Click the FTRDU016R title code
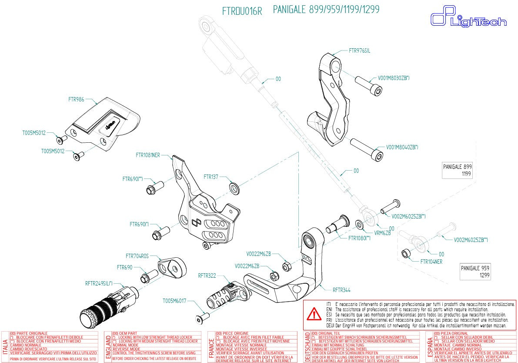coord(242,11)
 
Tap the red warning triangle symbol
coord(313,313)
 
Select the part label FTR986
coord(76,99)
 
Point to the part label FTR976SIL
coord(359,50)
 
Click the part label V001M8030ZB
coord(393,78)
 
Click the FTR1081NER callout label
coord(148,155)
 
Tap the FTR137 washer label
coord(211,177)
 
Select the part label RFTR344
coord(341,289)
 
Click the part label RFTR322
coord(207,275)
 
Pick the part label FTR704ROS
coord(137,256)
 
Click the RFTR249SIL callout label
coord(99,283)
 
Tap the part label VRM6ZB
coord(382,233)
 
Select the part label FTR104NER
coord(431,262)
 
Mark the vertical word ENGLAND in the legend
coord(108,346)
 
